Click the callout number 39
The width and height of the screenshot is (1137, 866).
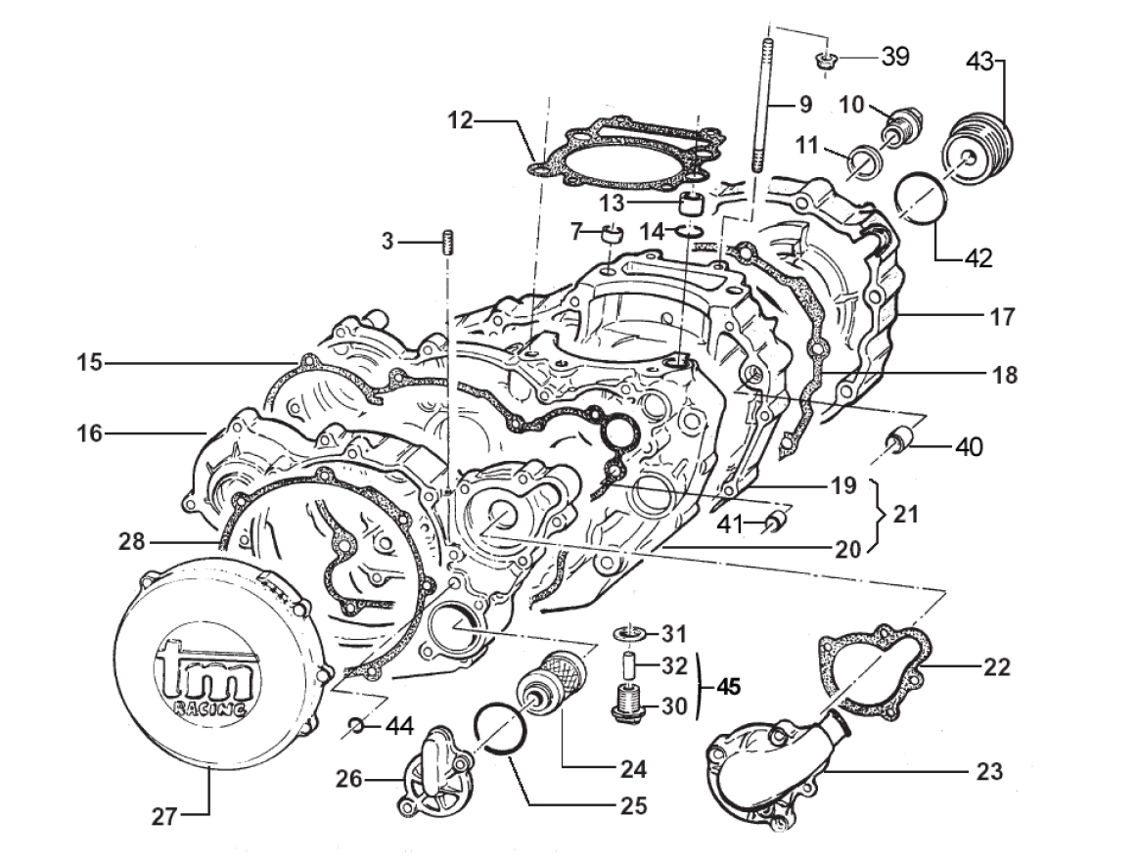pyautogui.click(x=894, y=57)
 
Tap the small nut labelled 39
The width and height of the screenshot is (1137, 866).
pyautogui.click(x=826, y=64)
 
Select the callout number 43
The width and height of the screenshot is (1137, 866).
pyautogui.click(x=980, y=62)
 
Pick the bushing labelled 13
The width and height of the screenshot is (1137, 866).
pyautogui.click(x=694, y=205)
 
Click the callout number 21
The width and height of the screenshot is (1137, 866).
pyautogui.click(x=906, y=513)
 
